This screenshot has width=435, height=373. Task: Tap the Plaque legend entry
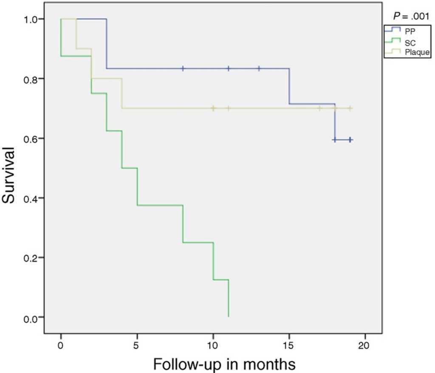pos(406,53)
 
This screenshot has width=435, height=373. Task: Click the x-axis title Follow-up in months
pos(224,364)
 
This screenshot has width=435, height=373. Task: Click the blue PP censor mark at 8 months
pos(183,68)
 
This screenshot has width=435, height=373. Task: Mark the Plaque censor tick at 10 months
pos(213,108)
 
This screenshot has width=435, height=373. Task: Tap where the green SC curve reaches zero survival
pos(229,316)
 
